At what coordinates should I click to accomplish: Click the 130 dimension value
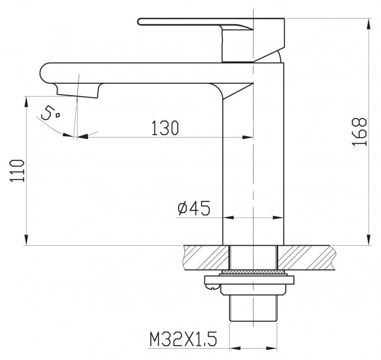[x=165, y=128]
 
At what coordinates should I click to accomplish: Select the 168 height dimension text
[x=359, y=132]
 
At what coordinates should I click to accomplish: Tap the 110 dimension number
[x=17, y=170]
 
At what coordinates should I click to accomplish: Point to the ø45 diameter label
[x=194, y=208]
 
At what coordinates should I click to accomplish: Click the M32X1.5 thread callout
[x=183, y=339]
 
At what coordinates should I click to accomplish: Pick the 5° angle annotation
[x=50, y=113]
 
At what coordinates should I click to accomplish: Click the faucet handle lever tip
[x=139, y=21]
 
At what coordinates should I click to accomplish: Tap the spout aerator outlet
[x=78, y=90]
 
